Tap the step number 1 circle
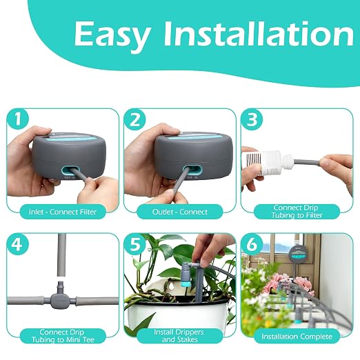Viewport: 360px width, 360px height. click(x=18, y=120)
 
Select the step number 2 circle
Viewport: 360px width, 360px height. click(x=135, y=120)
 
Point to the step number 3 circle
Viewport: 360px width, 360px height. click(x=252, y=120)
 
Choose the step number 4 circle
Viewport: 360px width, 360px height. click(x=18, y=244)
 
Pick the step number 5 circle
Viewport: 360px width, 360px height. click(x=135, y=244)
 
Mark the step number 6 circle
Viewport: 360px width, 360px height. click(x=252, y=244)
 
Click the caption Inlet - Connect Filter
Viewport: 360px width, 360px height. click(x=63, y=212)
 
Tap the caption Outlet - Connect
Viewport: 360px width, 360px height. click(x=180, y=212)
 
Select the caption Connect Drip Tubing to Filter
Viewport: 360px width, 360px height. click(x=297, y=212)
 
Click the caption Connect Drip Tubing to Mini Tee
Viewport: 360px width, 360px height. click(x=63, y=336)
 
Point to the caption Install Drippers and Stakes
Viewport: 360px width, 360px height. click(x=179, y=336)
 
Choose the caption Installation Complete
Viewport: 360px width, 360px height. click(x=297, y=337)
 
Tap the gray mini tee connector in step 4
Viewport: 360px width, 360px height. click(x=60, y=297)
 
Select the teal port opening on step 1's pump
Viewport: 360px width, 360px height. click(x=71, y=170)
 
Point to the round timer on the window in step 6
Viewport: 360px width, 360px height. click(x=299, y=254)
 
